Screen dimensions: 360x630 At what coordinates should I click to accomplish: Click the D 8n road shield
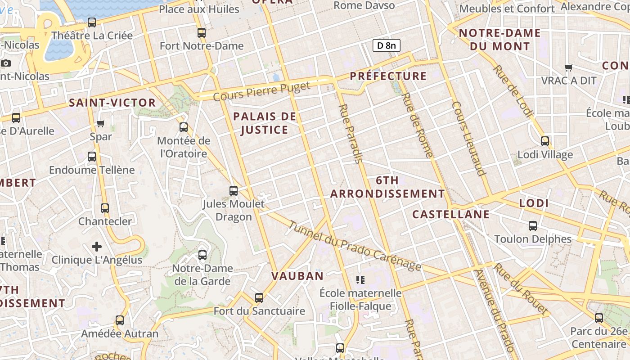click(386, 45)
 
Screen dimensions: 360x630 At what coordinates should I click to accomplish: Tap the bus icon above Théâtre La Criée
click(92, 22)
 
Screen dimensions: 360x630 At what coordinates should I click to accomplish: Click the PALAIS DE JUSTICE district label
click(265, 123)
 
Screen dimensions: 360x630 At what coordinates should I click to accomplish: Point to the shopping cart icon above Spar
click(101, 123)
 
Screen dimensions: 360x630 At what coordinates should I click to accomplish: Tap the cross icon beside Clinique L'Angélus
click(97, 247)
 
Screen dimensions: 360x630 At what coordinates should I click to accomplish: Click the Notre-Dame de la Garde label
click(202, 275)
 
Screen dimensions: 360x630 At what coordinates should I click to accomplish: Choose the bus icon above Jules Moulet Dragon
click(234, 190)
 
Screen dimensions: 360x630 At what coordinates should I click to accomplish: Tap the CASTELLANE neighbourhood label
click(451, 214)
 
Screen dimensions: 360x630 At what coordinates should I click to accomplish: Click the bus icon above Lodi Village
click(545, 141)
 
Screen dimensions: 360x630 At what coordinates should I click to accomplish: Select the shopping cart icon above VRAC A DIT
click(568, 68)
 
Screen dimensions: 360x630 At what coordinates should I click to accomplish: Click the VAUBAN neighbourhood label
click(297, 276)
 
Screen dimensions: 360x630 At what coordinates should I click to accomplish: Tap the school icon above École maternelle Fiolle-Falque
click(360, 280)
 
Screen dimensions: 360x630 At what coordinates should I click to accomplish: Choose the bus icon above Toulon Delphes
click(533, 225)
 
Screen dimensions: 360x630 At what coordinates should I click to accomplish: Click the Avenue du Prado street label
click(494, 310)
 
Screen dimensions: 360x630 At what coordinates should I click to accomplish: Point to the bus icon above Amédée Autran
click(119, 320)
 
